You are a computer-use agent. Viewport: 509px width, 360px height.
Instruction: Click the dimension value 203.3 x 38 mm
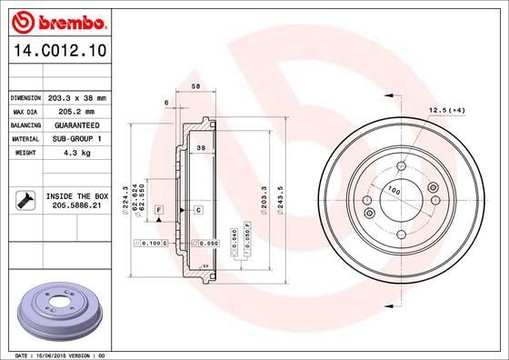[76, 97]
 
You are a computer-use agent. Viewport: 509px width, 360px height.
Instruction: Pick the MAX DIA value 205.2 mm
[76, 111]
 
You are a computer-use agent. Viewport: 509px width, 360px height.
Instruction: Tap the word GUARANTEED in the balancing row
[76, 125]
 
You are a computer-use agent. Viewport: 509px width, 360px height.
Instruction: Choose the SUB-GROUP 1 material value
[76, 139]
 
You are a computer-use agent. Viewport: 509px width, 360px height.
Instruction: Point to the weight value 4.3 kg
[76, 154]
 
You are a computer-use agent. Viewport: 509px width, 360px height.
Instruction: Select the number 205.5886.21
[76, 206]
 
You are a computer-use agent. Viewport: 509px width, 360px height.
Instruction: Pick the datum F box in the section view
[159, 210]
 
